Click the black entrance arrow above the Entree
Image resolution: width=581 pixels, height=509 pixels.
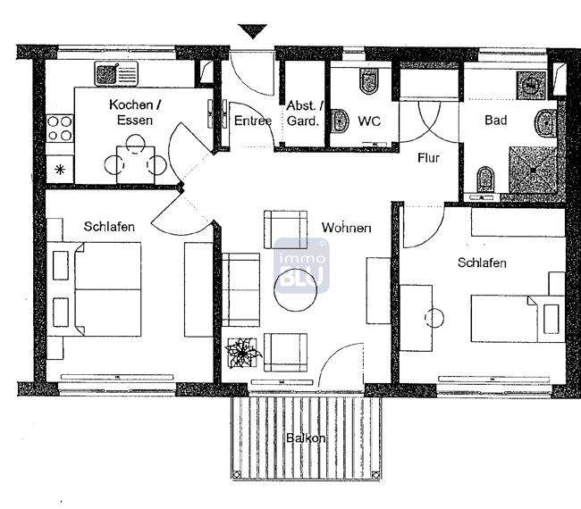click(x=254, y=32)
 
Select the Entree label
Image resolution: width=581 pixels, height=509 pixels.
click(x=253, y=121)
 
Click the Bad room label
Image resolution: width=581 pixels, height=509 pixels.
click(x=496, y=121)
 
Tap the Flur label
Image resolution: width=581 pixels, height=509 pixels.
click(x=429, y=158)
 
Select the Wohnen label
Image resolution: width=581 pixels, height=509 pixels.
click(x=347, y=229)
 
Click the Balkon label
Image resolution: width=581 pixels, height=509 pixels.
click(x=305, y=438)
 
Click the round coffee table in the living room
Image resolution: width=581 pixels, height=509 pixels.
click(x=295, y=296)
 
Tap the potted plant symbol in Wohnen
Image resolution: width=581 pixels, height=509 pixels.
click(x=242, y=353)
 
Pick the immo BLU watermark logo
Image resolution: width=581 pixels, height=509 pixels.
click(x=300, y=265)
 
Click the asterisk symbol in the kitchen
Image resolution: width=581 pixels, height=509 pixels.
click(x=61, y=169)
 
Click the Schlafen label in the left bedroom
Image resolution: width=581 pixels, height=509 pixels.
click(x=109, y=227)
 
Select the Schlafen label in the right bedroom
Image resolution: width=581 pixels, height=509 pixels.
click(x=482, y=263)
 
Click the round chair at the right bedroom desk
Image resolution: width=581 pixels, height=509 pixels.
click(x=437, y=317)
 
